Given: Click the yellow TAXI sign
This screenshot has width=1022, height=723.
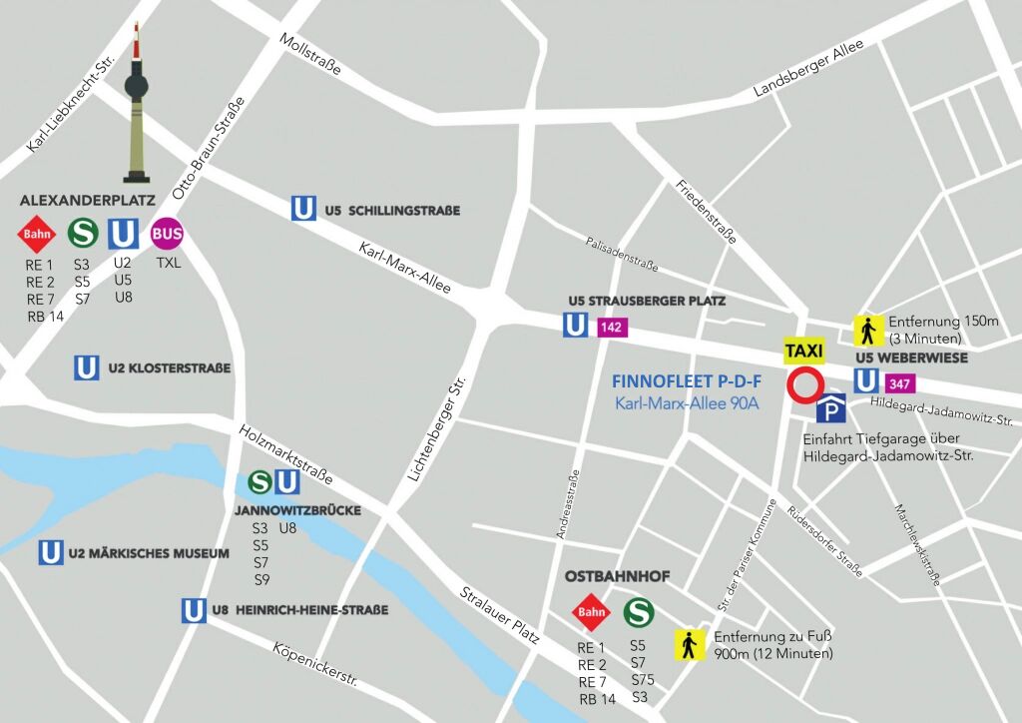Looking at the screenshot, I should [804, 351].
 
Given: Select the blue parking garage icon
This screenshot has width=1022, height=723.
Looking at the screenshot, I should [831, 408].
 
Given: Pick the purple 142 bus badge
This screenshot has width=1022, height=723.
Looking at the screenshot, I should [611, 327].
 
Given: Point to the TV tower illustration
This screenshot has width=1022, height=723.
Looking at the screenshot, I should [137, 110].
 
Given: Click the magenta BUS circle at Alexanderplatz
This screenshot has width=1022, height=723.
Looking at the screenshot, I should [168, 235].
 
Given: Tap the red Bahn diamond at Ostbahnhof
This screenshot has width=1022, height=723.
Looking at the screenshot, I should [592, 612].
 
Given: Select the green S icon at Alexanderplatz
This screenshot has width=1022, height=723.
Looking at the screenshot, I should [82, 234].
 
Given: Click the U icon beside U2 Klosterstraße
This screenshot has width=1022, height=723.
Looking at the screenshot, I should [87, 367].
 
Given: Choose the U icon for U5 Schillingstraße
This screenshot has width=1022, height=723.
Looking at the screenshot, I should [303, 209].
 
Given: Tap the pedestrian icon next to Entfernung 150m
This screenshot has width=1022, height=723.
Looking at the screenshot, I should [866, 330].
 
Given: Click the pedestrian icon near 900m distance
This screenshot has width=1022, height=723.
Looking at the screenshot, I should [689, 644].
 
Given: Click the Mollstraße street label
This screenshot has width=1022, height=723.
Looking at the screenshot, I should [311, 54].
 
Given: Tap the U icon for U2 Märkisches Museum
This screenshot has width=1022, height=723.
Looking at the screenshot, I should [50, 552].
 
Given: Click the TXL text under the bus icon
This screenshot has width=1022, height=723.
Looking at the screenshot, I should [168, 264].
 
